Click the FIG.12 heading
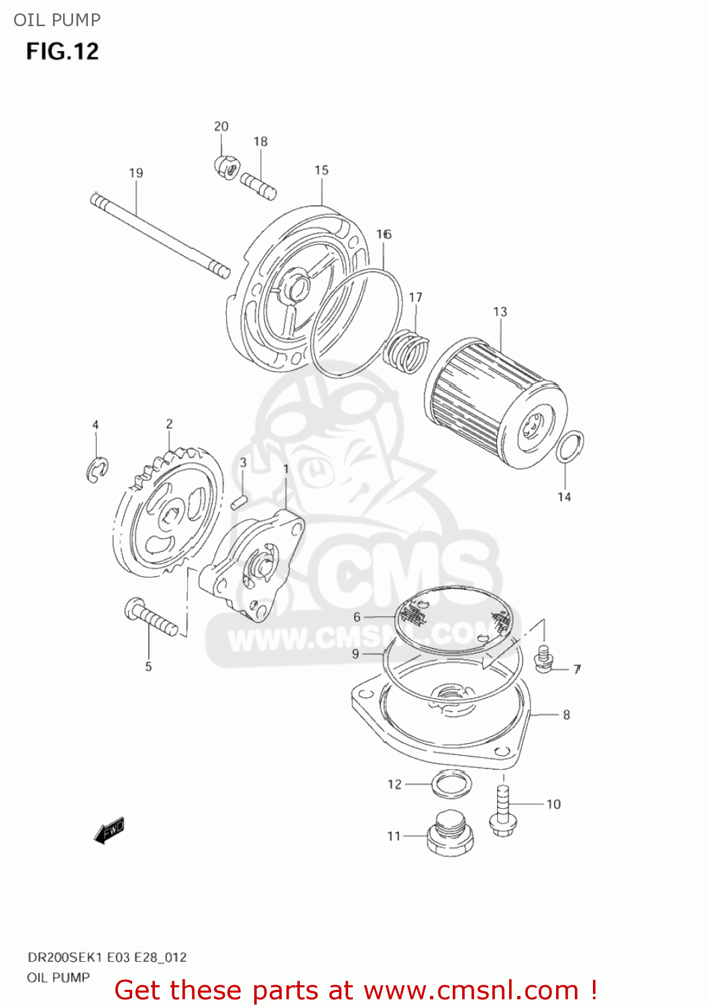(x=62, y=52)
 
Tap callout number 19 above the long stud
(x=136, y=173)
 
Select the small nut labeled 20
(x=225, y=167)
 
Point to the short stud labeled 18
(x=259, y=186)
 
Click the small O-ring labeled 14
(x=570, y=447)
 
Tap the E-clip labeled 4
(x=97, y=469)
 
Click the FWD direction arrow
(x=109, y=831)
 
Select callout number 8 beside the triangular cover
(x=567, y=715)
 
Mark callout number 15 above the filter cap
(x=321, y=170)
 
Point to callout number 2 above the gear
(x=169, y=424)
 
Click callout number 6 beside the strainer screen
(x=357, y=617)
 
